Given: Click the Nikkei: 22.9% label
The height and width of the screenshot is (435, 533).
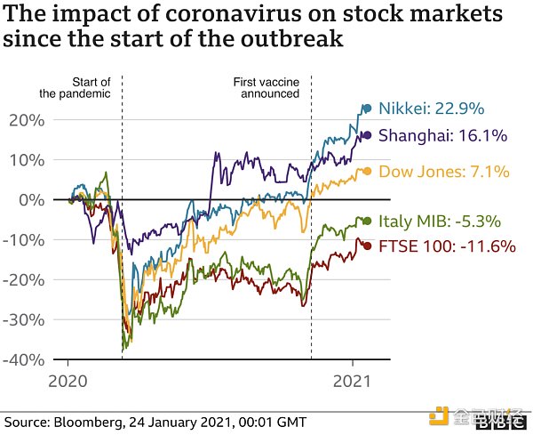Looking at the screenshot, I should click(431, 109).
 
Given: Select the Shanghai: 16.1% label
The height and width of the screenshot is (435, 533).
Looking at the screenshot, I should click(443, 136).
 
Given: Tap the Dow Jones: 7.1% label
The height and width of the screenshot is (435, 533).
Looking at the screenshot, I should click(443, 172).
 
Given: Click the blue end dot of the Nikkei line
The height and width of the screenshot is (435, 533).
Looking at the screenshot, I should click(366, 109).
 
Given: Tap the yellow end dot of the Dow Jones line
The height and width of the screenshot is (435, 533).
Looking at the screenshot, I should click(368, 171).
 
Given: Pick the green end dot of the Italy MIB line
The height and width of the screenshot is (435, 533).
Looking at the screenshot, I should click(368, 221).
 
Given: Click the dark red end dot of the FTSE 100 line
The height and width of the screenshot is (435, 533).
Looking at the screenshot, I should click(368, 246).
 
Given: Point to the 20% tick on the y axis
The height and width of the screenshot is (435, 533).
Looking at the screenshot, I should click(31, 120).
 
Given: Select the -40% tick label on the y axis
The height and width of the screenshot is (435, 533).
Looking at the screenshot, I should click(28, 359).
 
